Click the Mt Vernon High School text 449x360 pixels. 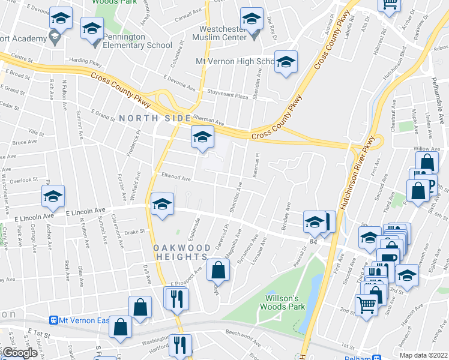click(235, 61)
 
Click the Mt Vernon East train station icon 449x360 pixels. click(53, 320)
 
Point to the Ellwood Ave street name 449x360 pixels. click(175, 178)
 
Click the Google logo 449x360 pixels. click(20, 352)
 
